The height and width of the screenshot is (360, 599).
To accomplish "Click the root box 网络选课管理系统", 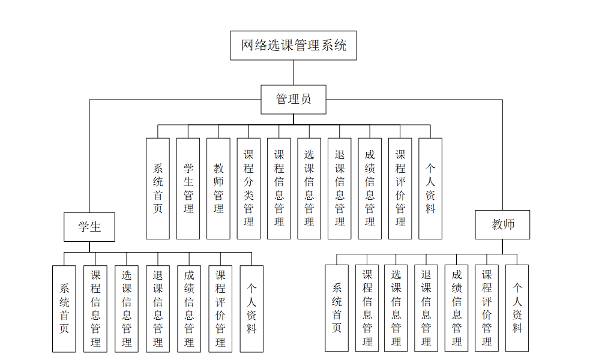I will (x=293, y=46).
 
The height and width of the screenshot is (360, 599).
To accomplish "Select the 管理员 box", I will (x=293, y=100).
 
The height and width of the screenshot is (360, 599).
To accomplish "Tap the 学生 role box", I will (x=89, y=227).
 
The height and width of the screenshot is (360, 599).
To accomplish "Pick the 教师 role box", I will (x=502, y=225).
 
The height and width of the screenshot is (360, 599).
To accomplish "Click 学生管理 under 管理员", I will (x=188, y=188).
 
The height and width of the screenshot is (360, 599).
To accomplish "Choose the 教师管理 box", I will (x=218, y=188).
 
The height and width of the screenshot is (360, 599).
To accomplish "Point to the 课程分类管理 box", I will (x=248, y=188).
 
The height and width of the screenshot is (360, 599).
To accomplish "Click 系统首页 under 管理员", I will (x=158, y=188).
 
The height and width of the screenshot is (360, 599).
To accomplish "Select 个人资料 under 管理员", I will (x=430, y=188).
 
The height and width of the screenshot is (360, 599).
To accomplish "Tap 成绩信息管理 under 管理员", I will (x=370, y=188).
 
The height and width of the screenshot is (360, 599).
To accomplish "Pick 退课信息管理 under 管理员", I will (x=340, y=188).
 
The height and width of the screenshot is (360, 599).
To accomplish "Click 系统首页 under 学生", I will (x=64, y=308).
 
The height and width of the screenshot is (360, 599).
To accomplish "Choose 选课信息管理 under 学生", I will (x=127, y=308).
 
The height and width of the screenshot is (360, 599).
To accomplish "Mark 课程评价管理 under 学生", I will (x=220, y=308).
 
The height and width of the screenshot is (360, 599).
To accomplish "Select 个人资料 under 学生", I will (x=251, y=308).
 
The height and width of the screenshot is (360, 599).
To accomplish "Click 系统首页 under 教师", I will (x=337, y=308).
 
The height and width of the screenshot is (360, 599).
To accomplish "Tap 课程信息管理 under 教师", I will (x=367, y=308).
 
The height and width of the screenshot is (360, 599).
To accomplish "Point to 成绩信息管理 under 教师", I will (x=457, y=308).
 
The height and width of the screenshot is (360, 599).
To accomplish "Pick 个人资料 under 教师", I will (x=517, y=308).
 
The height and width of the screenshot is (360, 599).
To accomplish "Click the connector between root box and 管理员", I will (x=293, y=73).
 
